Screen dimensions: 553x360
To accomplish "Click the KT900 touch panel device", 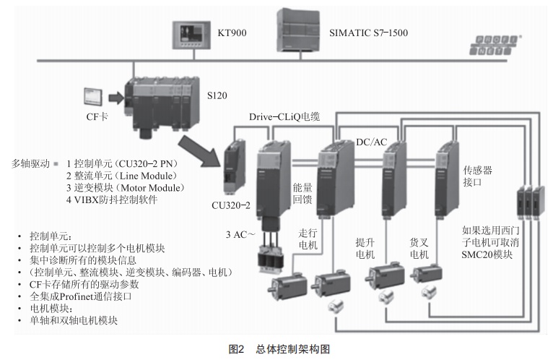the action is (191, 35).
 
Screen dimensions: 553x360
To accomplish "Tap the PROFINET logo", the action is (495, 46).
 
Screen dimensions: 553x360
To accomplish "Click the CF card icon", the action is (92, 97).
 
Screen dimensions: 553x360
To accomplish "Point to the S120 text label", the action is (217, 95).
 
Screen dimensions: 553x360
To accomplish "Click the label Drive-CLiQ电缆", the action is (284, 116).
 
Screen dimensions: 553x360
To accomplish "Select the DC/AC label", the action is (371, 142).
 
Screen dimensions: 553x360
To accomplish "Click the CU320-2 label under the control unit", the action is (230, 205).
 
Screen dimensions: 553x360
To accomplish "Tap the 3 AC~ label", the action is (240, 234).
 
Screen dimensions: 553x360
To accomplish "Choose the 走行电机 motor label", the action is (308, 239).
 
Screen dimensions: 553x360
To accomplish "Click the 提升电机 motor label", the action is (365, 249).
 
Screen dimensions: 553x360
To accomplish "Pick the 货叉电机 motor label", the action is (419, 249).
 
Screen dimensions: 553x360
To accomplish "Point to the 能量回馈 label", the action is (302, 193).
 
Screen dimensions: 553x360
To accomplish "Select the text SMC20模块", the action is (487, 254).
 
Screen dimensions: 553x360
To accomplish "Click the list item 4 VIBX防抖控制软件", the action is (112, 200).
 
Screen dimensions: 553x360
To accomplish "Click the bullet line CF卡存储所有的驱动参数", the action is (84, 284).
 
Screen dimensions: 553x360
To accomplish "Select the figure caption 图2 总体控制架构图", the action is (279, 349).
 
